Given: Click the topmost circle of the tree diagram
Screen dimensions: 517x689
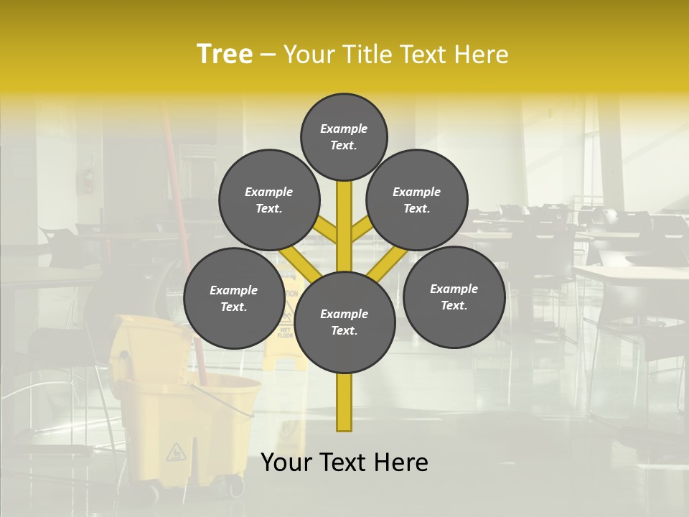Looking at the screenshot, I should click(x=344, y=137).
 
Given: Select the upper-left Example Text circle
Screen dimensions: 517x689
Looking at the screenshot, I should click(x=269, y=200).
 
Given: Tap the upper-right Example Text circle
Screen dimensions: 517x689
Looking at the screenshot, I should click(x=417, y=200).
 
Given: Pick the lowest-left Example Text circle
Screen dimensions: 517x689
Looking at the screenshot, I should click(x=234, y=298).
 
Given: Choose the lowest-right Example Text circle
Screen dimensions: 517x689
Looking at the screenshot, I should click(x=454, y=297).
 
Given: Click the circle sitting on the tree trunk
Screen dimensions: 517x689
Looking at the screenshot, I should click(x=344, y=322).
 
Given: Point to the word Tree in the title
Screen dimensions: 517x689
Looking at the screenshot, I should click(x=225, y=54).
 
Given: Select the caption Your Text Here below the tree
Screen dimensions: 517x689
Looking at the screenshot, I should click(x=344, y=462).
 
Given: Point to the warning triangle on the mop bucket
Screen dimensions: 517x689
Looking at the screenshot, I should click(x=175, y=452).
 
